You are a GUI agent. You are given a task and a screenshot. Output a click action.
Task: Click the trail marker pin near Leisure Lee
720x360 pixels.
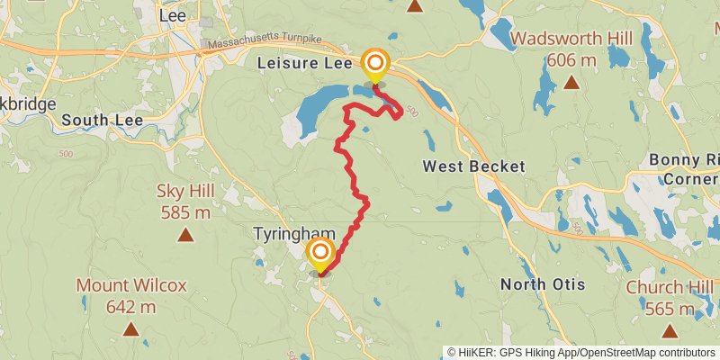tap(374, 65)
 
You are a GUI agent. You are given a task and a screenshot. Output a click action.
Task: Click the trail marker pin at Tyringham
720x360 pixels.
tap(320, 253)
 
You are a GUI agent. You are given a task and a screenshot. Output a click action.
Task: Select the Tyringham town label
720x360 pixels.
tap(294, 234)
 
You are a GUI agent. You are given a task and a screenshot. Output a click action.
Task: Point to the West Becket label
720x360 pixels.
tap(473, 166)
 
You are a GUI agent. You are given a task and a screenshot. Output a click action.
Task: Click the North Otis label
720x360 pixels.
tap(542, 284)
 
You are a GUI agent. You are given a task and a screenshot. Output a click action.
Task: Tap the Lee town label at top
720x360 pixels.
tap(171, 14)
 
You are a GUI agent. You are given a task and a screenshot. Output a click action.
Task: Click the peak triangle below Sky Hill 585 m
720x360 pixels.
tap(184, 236)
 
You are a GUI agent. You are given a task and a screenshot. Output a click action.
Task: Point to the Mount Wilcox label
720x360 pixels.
tap(131, 285)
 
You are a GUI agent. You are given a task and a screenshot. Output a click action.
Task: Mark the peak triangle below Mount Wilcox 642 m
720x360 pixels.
tap(131, 329)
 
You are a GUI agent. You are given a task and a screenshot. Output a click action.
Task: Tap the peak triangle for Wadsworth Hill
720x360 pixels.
tap(571, 84)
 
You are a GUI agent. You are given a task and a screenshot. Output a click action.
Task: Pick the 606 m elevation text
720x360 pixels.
tap(571, 60)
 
